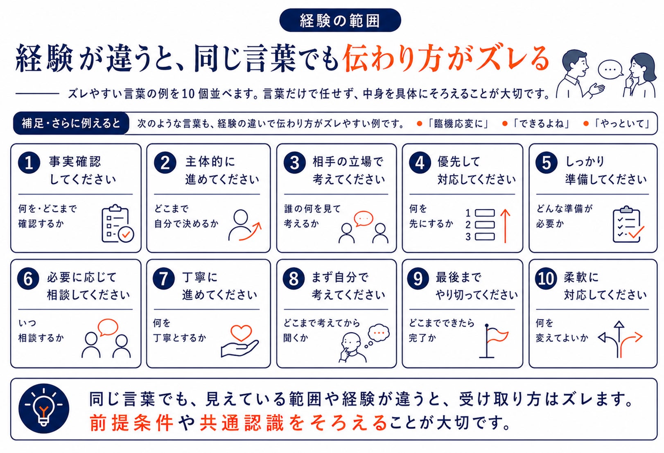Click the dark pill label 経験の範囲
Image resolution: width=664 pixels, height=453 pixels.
(x=340, y=20)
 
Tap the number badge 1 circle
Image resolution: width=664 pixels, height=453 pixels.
(x=29, y=162)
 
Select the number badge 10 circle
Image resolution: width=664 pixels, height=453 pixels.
(x=546, y=278)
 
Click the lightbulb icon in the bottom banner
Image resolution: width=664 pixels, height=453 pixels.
(x=44, y=408)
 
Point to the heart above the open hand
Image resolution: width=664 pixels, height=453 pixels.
(x=241, y=333)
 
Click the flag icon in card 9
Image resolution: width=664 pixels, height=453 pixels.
(x=495, y=341)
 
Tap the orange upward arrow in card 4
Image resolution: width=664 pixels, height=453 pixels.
(x=505, y=226)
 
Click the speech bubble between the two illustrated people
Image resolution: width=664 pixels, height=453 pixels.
(x=610, y=70)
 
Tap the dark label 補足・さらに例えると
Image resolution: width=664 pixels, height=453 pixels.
(x=71, y=123)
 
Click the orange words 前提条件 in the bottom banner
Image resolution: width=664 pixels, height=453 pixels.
(x=131, y=423)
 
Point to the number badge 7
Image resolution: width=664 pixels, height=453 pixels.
(x=164, y=279)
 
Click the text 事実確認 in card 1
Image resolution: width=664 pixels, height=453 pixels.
(x=75, y=162)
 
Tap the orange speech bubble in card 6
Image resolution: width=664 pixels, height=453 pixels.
(x=108, y=327)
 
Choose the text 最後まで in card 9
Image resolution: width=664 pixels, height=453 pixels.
(x=458, y=277)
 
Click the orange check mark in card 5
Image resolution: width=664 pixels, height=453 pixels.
(x=636, y=232)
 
